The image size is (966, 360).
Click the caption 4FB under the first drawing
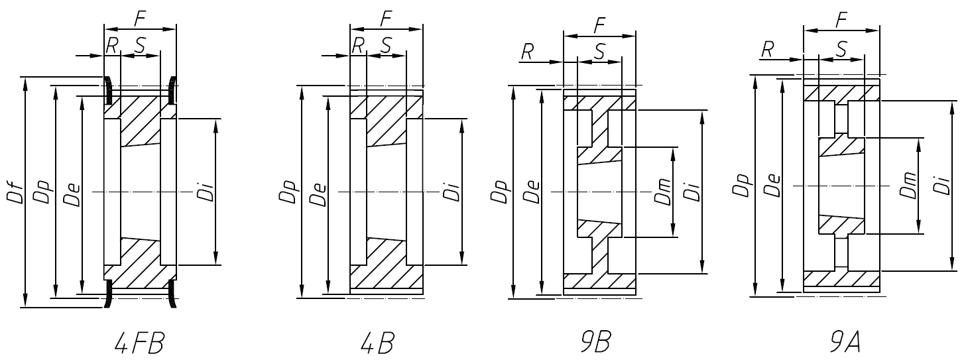click(139, 344)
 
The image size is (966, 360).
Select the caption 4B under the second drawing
click(379, 344)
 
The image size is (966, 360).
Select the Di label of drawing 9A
click(942, 185)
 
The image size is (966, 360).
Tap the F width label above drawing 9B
click(599, 25)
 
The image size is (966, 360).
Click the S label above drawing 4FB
click(140, 45)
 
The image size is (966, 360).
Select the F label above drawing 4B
click(385, 20)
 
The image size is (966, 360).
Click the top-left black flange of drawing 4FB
click(108, 91)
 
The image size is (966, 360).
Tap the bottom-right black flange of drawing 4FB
click(172, 293)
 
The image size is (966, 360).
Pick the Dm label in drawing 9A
click(909, 185)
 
